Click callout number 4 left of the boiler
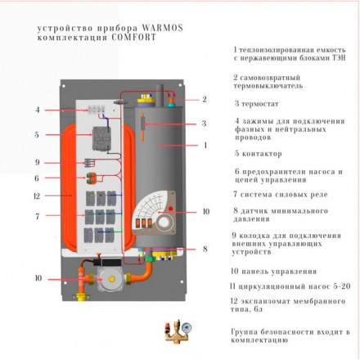(37, 109)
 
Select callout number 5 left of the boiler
(37, 134)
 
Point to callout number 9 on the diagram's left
(37, 162)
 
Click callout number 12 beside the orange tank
(37, 196)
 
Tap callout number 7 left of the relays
(37, 216)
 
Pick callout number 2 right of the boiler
(204, 99)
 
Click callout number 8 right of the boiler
(204, 248)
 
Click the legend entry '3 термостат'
(260, 104)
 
